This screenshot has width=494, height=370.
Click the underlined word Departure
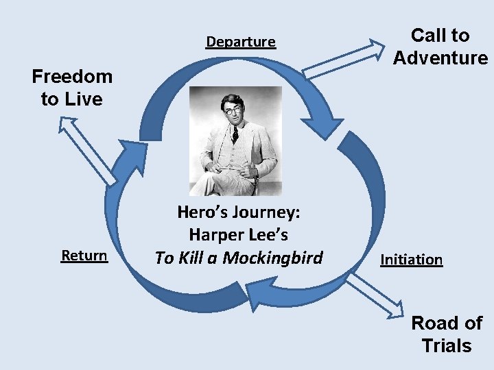point(241,42)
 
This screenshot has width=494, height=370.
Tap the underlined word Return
point(84,256)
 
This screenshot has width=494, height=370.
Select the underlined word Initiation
point(411,260)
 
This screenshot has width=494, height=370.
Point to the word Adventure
point(440,58)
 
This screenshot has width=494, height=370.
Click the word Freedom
point(72,75)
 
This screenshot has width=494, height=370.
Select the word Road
point(436,323)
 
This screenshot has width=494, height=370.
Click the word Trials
point(447,346)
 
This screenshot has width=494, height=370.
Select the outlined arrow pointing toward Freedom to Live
point(86,149)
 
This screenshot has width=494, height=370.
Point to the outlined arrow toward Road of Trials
point(374,296)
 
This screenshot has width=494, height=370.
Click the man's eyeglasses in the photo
point(233,110)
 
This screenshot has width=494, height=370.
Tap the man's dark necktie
point(235,133)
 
